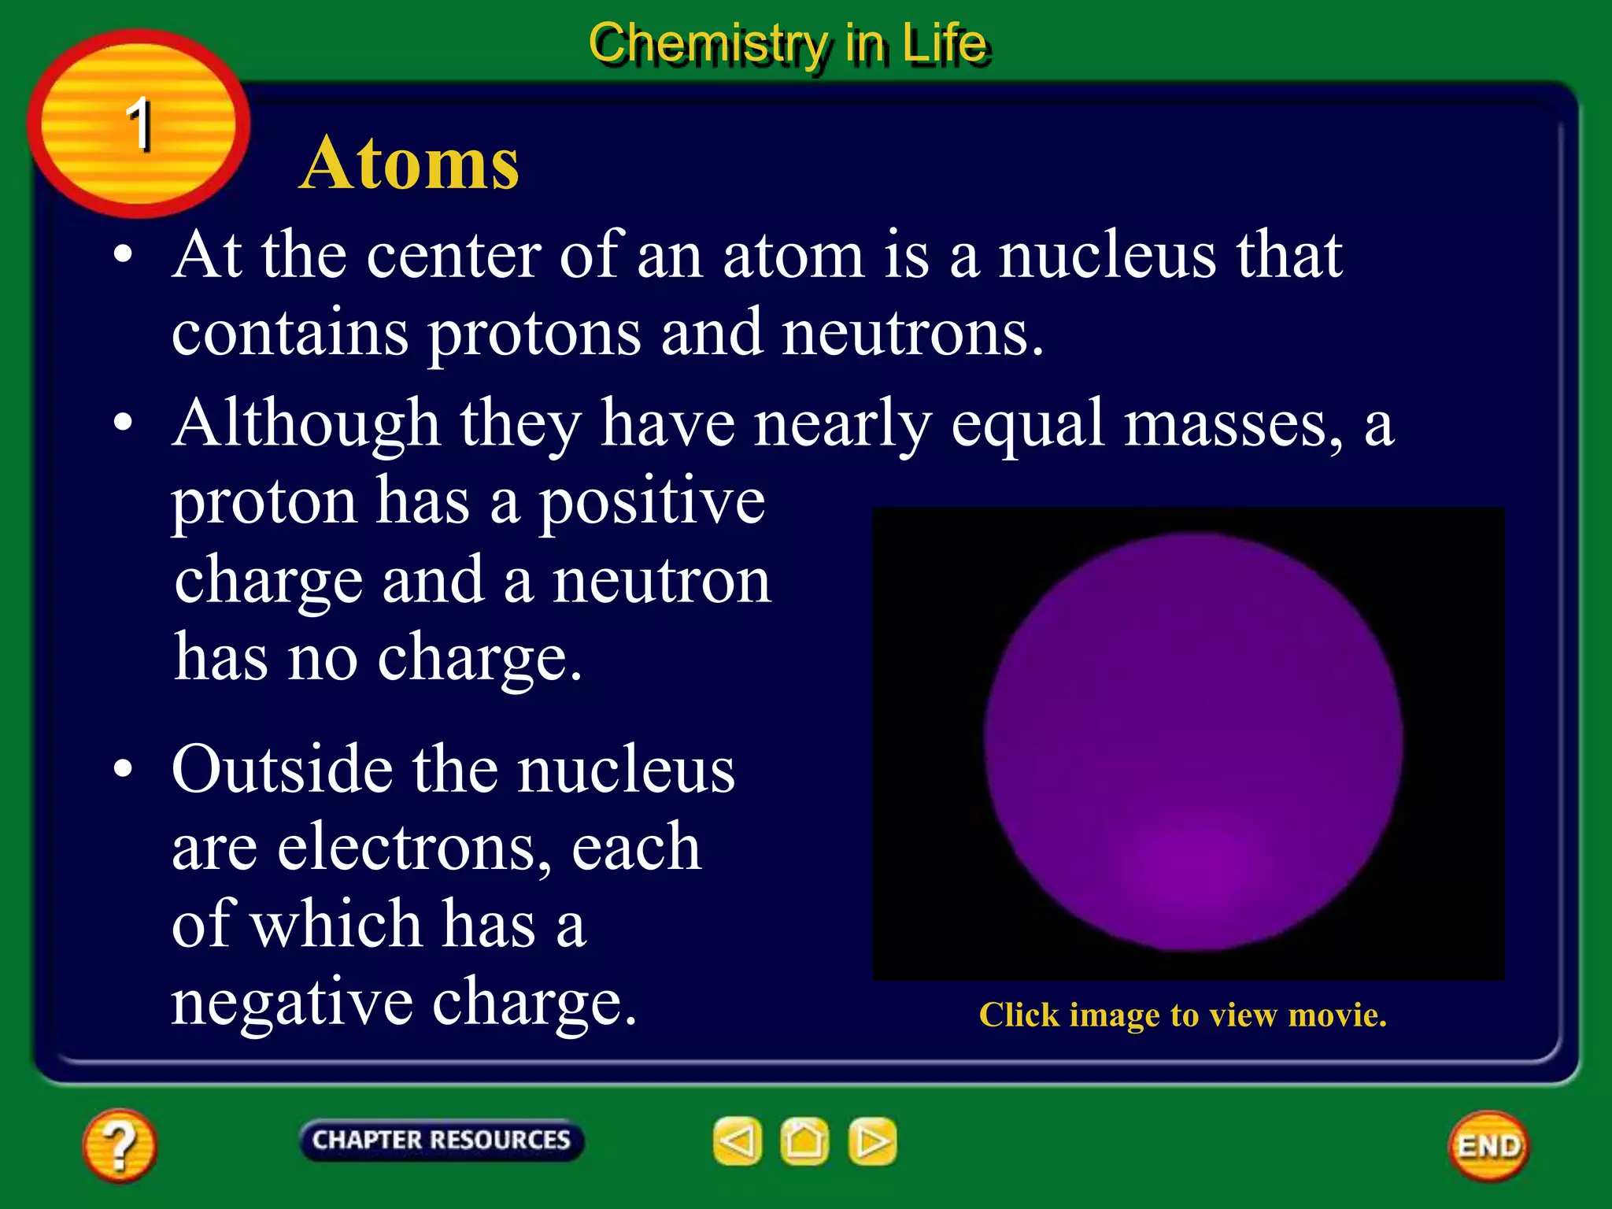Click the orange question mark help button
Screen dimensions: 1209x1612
pos(120,1145)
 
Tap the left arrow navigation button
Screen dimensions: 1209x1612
pos(738,1141)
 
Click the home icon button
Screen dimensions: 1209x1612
pos(804,1141)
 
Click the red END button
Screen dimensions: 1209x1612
pos(1488,1146)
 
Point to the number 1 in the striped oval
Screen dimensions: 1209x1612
pos(139,124)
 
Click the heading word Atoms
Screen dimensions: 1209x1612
pos(409,163)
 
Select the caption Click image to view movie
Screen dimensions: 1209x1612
pos(1182,1015)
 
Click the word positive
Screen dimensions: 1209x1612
pos(652,502)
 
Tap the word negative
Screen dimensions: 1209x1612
pos(291,1004)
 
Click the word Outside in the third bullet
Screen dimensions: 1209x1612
pos(281,769)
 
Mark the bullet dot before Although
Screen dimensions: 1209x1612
pos(123,423)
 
